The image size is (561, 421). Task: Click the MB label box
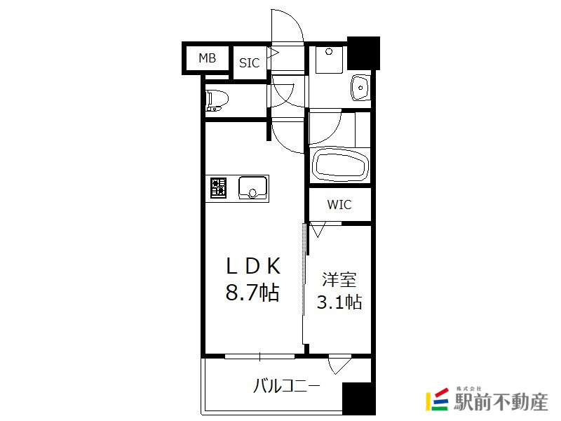point(207,58)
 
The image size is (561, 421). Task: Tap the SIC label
point(250,63)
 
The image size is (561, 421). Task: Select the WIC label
point(339,205)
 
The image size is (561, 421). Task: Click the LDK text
point(252,266)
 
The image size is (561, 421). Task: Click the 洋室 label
point(339,281)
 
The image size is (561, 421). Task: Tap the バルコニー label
point(287,385)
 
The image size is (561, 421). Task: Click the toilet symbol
point(215,101)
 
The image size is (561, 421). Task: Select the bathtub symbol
point(339,166)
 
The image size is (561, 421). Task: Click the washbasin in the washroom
point(360,88)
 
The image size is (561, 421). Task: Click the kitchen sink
point(252,187)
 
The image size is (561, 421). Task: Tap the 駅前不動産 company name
point(501,403)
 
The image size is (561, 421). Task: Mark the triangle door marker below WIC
point(318,229)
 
